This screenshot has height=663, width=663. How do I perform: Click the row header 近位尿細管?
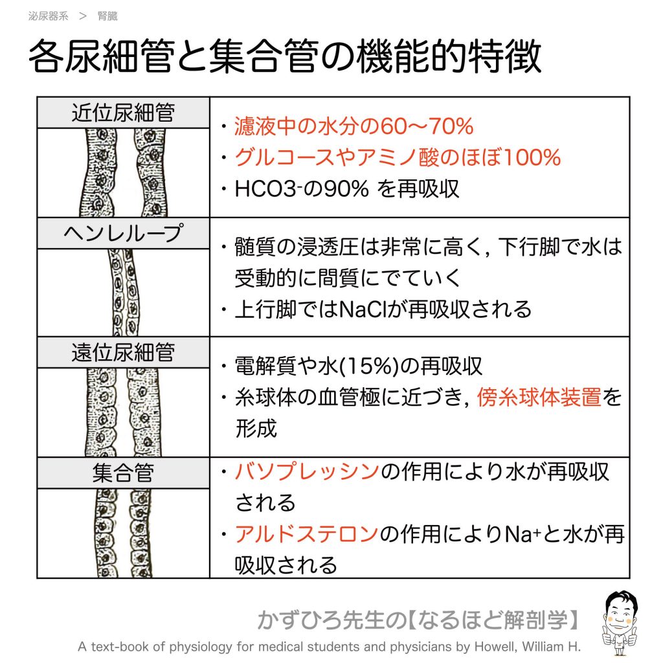point(123,113)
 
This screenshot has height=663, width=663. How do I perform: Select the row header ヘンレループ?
point(123,233)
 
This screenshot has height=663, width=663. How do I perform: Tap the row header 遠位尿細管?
point(123,353)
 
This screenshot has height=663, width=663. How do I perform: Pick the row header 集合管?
point(123,473)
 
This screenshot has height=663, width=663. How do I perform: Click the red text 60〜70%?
point(427,126)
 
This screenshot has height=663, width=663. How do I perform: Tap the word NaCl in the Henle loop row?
point(360,309)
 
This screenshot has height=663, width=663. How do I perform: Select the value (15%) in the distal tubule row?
point(370,366)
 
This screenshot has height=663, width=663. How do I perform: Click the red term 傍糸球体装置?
point(539,398)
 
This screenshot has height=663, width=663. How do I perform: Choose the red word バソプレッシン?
point(307,471)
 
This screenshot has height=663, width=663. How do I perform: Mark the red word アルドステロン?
point(306,534)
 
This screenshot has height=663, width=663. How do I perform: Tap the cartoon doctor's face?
point(620,609)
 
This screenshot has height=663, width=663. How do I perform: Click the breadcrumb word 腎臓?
point(107,16)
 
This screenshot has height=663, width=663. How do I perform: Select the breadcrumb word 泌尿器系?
point(48,16)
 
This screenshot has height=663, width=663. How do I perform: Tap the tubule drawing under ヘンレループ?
point(124,292)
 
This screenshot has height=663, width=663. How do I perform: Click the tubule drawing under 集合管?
point(123,534)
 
